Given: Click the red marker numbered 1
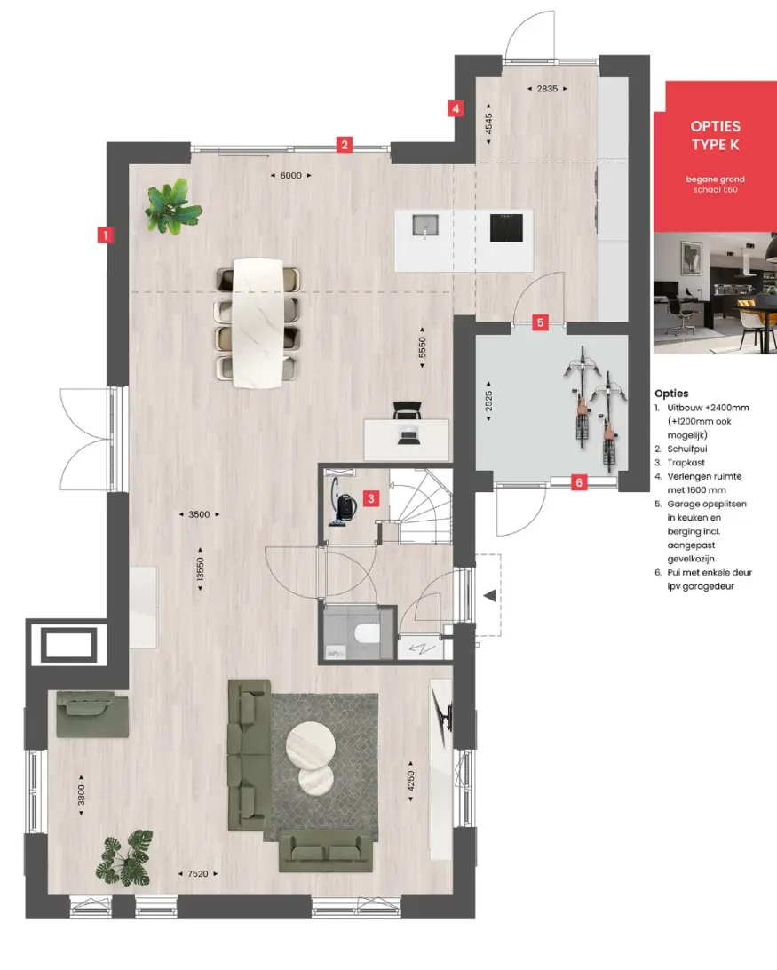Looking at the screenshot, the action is click(x=105, y=235).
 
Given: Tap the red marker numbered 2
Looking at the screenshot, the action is click(x=345, y=145).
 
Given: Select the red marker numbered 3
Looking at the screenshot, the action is click(x=371, y=498).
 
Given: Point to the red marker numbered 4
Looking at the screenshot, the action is click(x=456, y=109).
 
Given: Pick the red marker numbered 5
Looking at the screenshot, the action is click(x=541, y=322).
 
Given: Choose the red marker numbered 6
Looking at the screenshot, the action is click(x=579, y=482).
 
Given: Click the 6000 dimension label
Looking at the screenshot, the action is click(x=290, y=176).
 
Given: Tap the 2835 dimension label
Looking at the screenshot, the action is click(x=548, y=89).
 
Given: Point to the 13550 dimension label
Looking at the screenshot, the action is click(x=200, y=569).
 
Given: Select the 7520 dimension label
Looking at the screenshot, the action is click(x=198, y=873).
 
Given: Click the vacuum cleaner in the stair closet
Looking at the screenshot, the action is click(x=341, y=502).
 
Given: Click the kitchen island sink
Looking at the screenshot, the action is click(x=425, y=226).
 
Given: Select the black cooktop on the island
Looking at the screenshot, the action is click(x=507, y=227).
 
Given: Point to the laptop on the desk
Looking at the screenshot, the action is click(x=408, y=437).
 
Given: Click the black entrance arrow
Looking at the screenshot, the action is click(x=489, y=596).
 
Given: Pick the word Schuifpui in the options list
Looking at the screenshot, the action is click(x=687, y=449).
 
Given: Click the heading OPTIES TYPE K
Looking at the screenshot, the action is click(x=716, y=136).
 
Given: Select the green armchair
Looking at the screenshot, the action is click(x=91, y=714).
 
